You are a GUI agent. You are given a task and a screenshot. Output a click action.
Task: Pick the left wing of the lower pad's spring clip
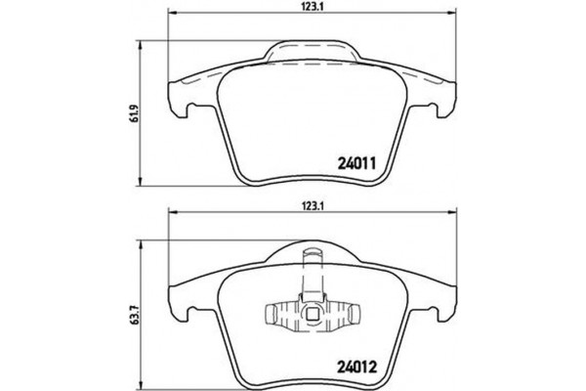[x=278, y=315]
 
